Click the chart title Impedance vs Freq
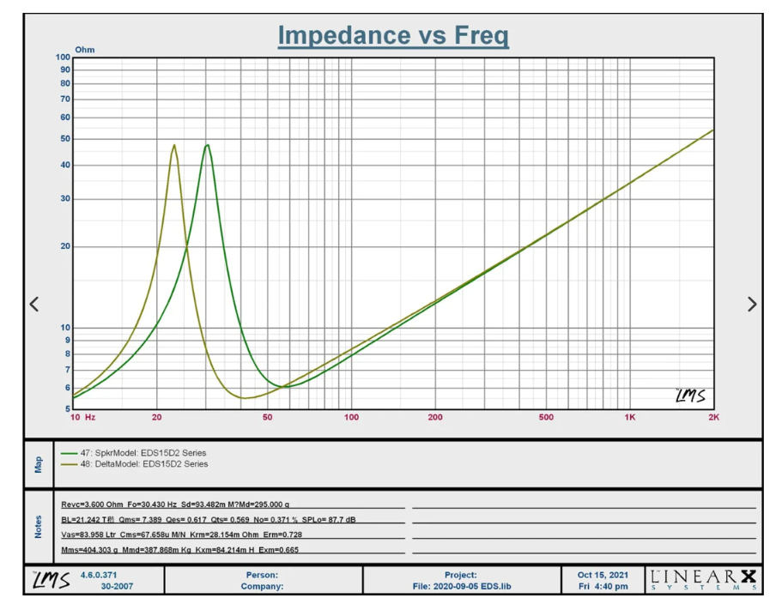pyautogui.click(x=393, y=36)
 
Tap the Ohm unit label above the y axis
pyautogui.click(x=85, y=49)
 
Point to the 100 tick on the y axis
pyautogui.click(x=63, y=57)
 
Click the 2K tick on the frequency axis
pyautogui.click(x=713, y=418)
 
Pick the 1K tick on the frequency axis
pyautogui.click(x=629, y=418)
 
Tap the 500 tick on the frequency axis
pyautogui.click(x=546, y=418)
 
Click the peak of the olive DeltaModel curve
pyautogui.click(x=174, y=145)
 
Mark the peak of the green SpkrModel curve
pyautogui.click(x=207, y=145)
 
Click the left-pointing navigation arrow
pyautogui.click(x=34, y=304)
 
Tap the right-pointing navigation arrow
pyautogui.click(x=752, y=304)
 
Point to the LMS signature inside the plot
pyautogui.click(x=690, y=396)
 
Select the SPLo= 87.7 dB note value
pyautogui.click(x=335, y=520)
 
